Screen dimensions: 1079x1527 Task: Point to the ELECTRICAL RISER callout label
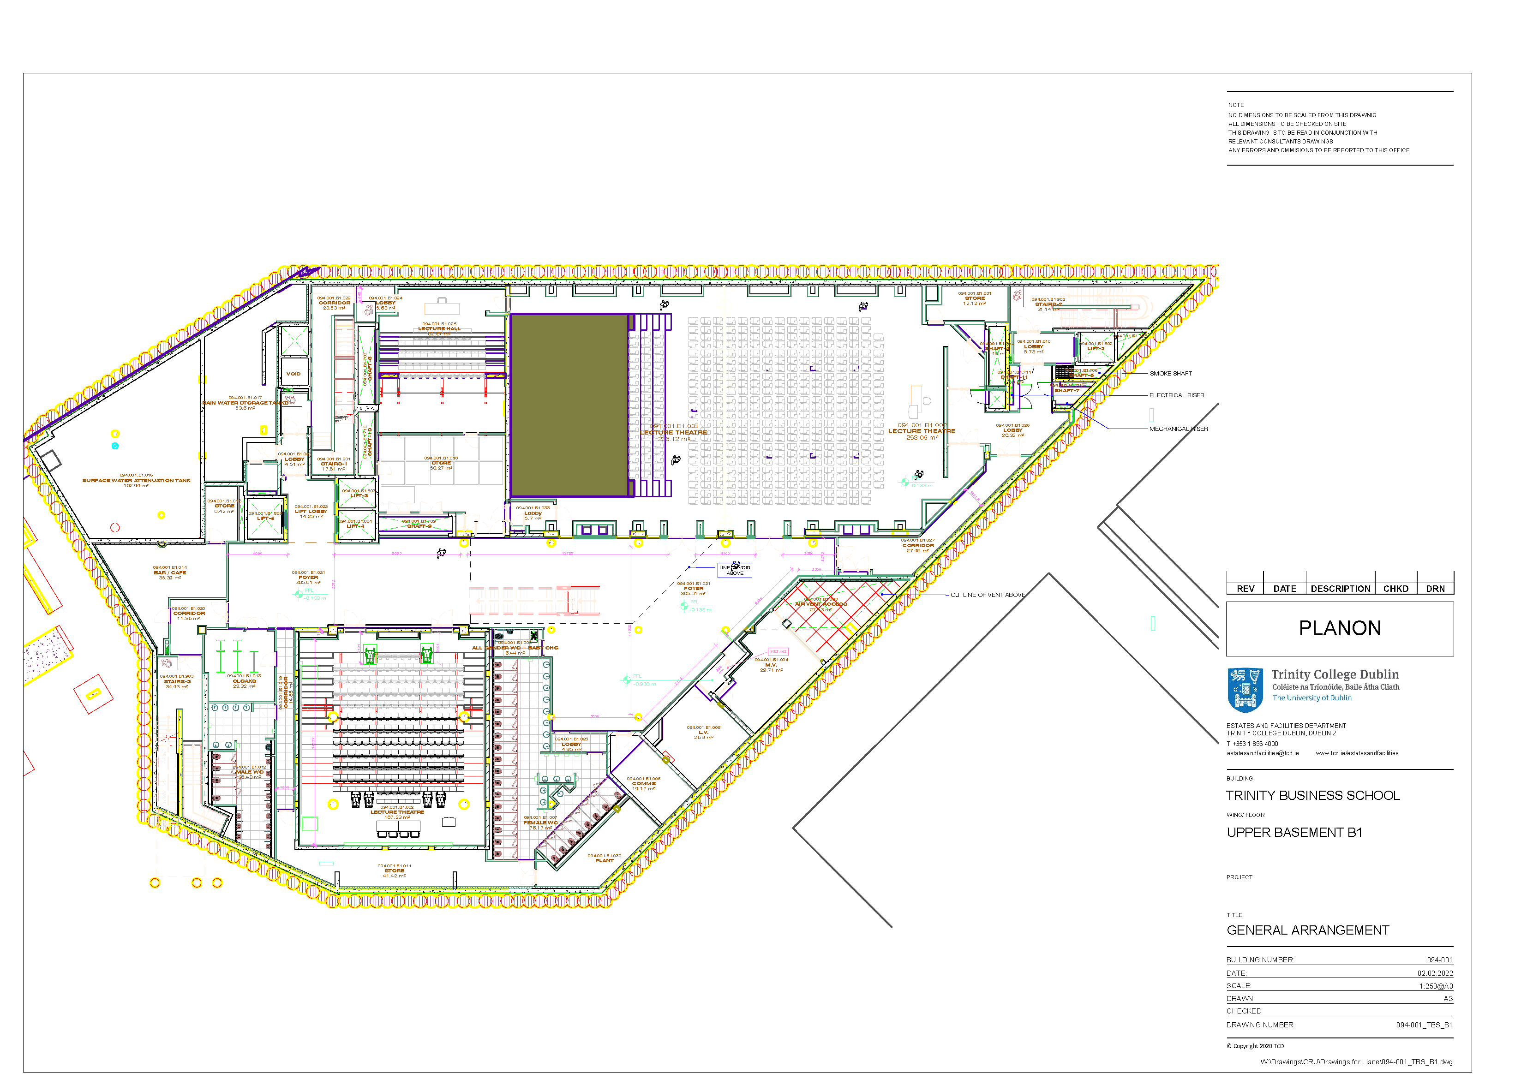coord(1176,395)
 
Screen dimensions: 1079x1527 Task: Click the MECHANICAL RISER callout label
coord(1178,429)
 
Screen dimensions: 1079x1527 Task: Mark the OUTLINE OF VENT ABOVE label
coord(987,595)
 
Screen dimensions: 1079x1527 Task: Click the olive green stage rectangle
coord(569,405)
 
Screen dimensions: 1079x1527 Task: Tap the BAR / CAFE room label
coord(170,572)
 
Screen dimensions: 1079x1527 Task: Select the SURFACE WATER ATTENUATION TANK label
coord(136,480)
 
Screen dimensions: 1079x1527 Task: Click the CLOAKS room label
coord(244,681)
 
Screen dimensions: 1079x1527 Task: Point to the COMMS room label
coord(643,783)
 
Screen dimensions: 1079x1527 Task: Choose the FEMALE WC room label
coord(540,823)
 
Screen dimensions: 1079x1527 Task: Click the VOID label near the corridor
coord(293,374)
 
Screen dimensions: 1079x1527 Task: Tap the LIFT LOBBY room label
coord(311,511)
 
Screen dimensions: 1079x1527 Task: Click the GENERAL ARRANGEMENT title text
coord(1307,930)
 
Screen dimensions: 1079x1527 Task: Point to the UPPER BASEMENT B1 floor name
coord(1293,832)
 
